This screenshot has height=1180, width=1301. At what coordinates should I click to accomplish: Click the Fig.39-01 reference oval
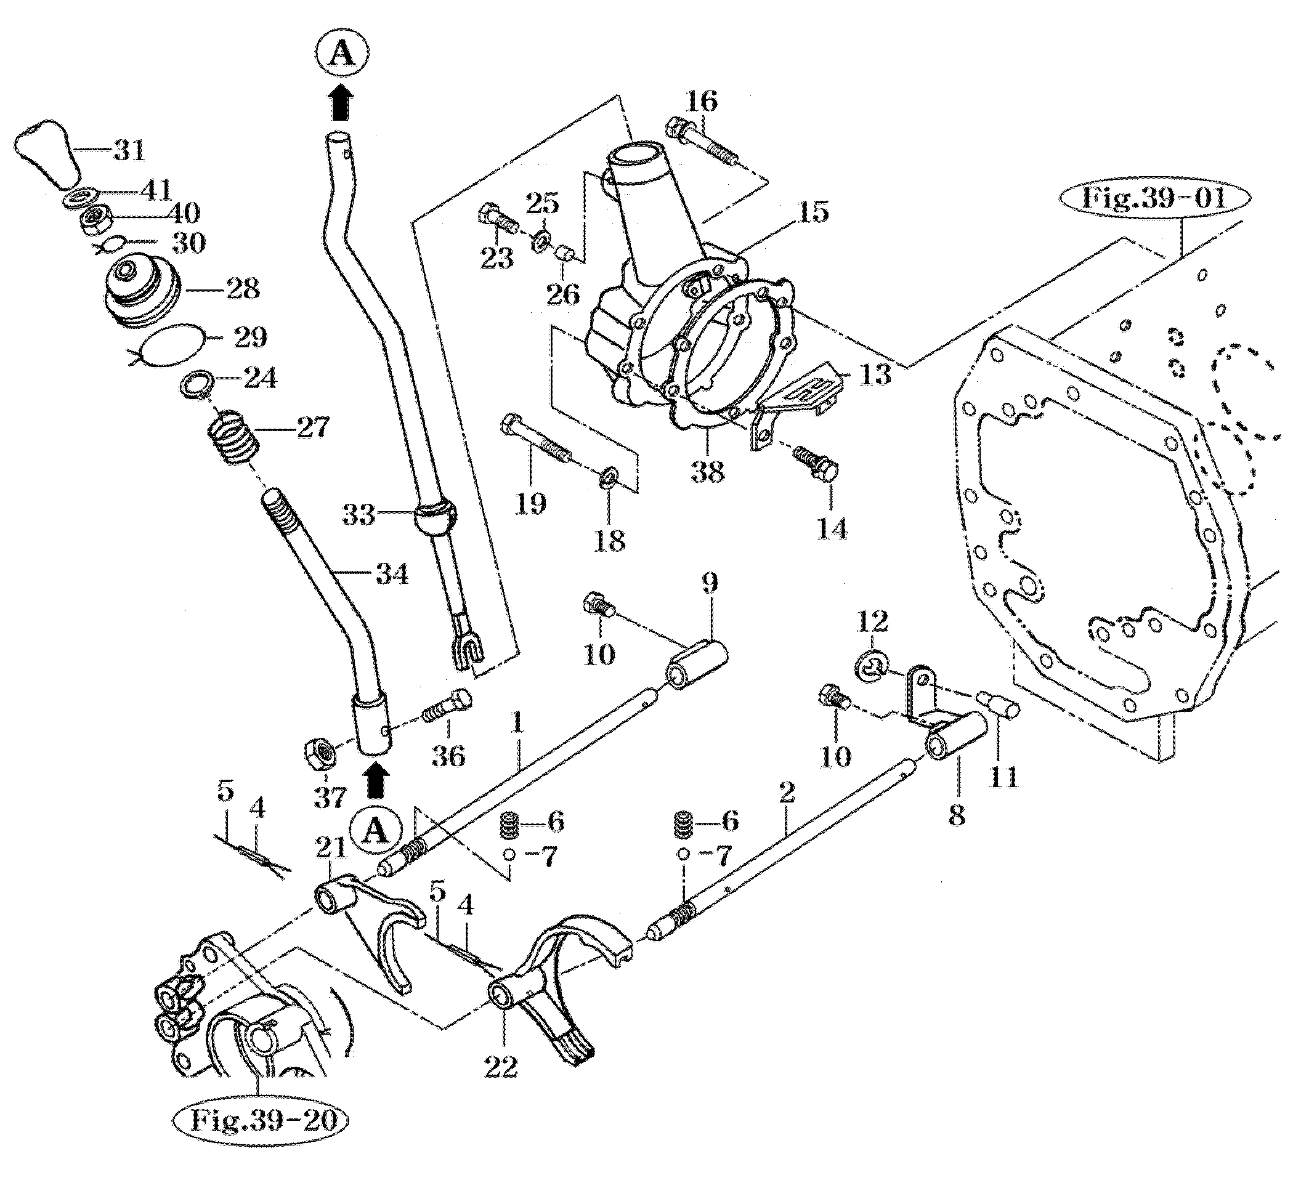coord(1153,197)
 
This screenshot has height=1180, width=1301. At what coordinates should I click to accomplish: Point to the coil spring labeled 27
coord(235,438)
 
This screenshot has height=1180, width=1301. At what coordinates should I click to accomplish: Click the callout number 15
coord(814,212)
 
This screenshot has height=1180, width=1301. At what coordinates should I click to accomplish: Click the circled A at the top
coord(342,55)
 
